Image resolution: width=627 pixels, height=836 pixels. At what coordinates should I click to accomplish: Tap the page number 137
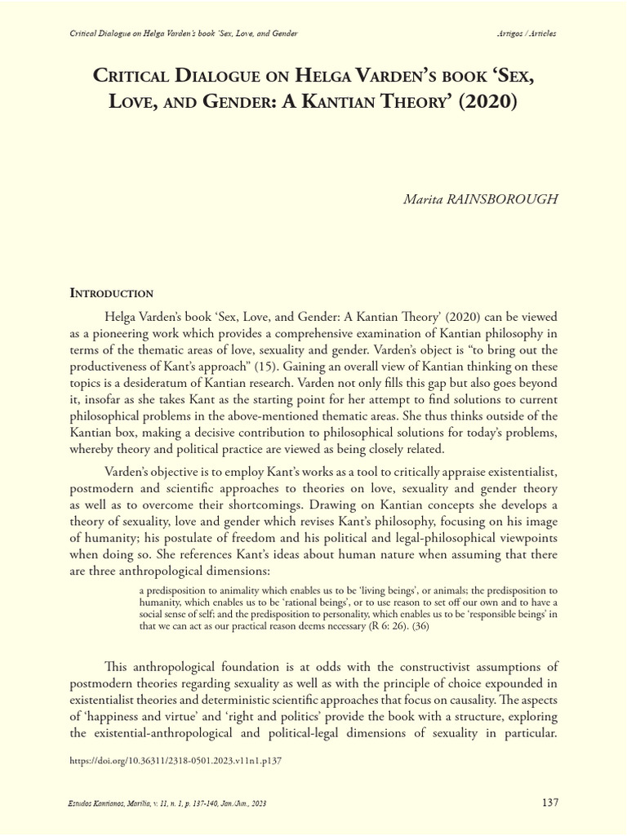pyautogui.click(x=550, y=803)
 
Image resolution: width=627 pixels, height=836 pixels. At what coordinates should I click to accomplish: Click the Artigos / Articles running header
pyautogui.click(x=527, y=33)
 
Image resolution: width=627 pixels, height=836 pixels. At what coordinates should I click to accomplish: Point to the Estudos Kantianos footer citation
pyautogui.click(x=167, y=803)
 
